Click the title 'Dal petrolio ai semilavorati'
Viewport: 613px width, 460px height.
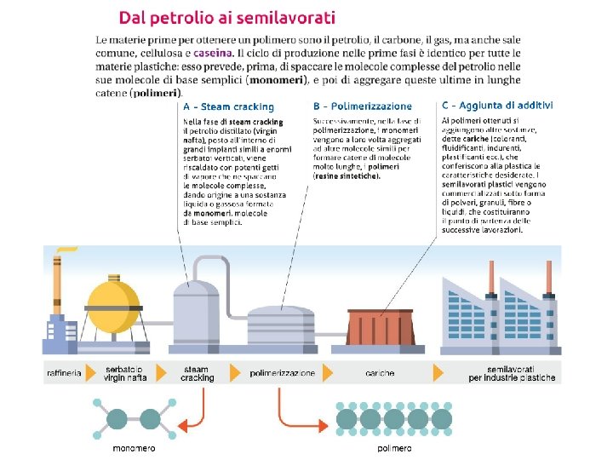pos(226,16)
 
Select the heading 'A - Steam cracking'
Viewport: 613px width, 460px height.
pos(229,106)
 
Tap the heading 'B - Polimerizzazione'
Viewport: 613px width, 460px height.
pos(363,106)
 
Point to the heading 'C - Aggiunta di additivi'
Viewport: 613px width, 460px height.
pos(497,106)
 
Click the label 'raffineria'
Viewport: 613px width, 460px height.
pos(64,373)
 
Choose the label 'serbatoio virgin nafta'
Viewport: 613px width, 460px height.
pos(124,373)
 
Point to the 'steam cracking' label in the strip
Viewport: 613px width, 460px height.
pos(198,373)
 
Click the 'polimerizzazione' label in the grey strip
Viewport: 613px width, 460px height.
pos(282,373)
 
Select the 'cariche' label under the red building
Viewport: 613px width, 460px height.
pos(380,373)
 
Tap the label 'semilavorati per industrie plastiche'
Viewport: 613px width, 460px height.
pos(511,373)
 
